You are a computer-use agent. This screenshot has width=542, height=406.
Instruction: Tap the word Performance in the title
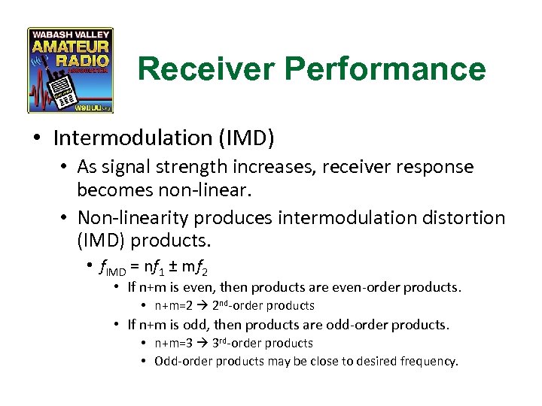click(x=377, y=69)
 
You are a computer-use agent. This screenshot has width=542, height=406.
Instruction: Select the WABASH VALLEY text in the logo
click(x=70, y=35)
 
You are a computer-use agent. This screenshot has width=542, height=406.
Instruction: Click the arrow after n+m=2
click(x=198, y=306)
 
